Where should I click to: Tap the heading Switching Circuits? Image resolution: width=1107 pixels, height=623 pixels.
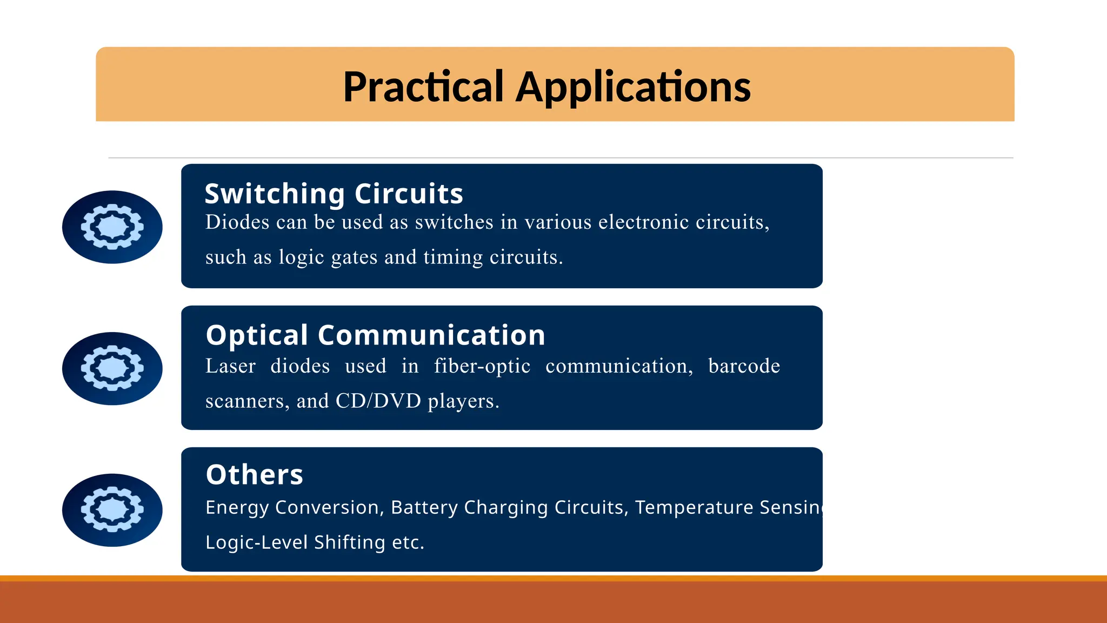[334, 194]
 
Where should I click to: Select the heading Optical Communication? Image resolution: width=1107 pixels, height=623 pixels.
[375, 335]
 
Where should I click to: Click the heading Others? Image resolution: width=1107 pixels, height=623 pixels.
[254, 475]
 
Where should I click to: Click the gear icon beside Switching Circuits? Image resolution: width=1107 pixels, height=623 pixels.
[112, 227]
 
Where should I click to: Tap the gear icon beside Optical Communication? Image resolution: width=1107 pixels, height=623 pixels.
[112, 368]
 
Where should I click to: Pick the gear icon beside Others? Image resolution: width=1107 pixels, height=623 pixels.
[112, 510]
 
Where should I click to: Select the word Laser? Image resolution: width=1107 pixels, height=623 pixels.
[230, 366]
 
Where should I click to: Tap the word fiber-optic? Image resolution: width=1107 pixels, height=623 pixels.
[482, 366]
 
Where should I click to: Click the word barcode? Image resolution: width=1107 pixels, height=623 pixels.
[744, 366]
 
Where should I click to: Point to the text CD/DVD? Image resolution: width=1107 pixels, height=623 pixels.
[378, 401]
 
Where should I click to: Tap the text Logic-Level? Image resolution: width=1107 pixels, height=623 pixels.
[256, 542]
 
